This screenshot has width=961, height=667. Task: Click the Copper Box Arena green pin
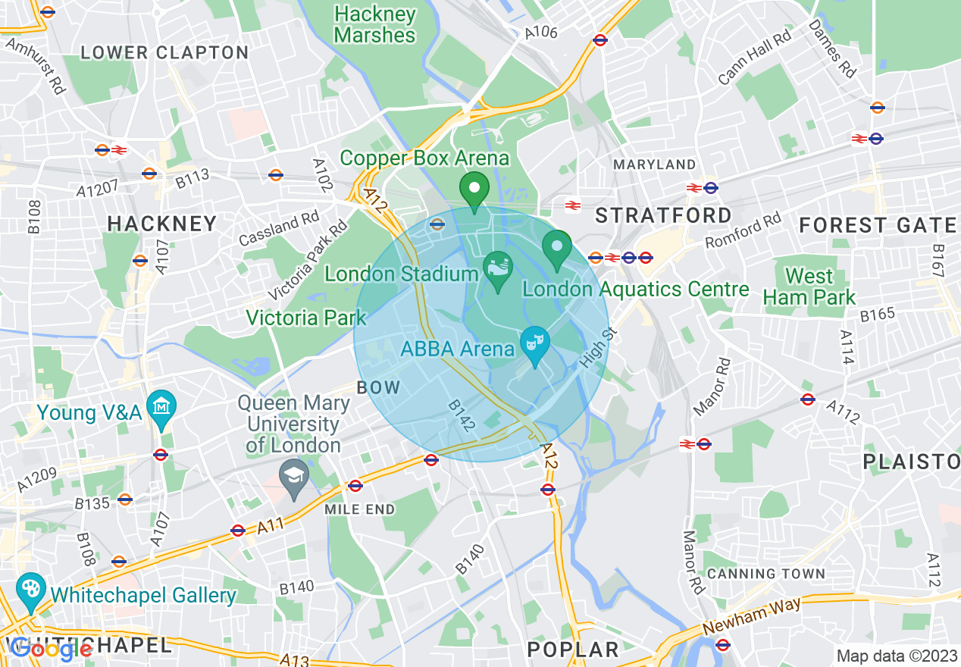(474, 189)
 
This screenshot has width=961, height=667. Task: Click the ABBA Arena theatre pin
(535, 343)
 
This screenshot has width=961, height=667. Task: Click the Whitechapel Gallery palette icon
(31, 591)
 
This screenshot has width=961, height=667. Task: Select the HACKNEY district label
(162, 224)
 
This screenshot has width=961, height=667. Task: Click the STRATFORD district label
(663, 215)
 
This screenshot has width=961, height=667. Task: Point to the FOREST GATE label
(878, 225)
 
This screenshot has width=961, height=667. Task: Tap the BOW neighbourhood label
(378, 387)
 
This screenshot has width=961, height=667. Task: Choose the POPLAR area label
(573, 649)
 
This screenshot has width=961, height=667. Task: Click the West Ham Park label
(809, 287)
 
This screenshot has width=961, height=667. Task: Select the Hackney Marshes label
(375, 25)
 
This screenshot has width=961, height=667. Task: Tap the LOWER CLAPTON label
(164, 53)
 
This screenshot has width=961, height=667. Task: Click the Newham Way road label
(751, 616)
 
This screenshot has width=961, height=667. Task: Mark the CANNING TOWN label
(765, 574)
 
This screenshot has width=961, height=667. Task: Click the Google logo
(52, 649)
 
